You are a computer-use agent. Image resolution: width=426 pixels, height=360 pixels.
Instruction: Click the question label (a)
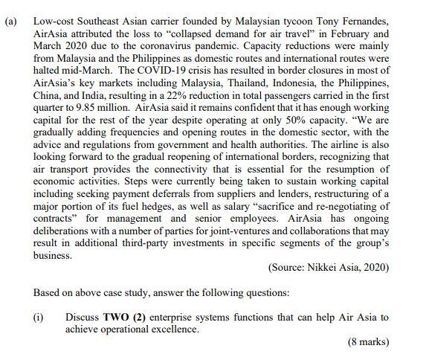pyautogui.click(x=12, y=21)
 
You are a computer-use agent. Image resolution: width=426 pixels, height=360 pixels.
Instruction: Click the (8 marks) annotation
pyautogui.click(x=368, y=342)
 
